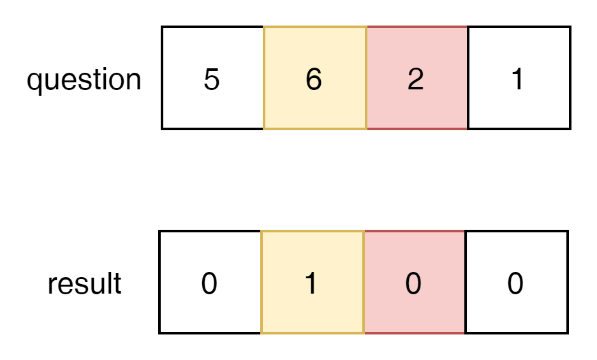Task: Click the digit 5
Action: point(211,80)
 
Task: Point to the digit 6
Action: point(313,80)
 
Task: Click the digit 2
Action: point(415,80)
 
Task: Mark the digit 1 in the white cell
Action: point(517,80)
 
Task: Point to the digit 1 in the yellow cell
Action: point(311,284)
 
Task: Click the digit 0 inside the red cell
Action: point(413,284)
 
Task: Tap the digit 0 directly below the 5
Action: point(209,284)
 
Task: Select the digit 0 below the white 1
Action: point(515,284)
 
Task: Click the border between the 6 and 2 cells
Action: point(366,78)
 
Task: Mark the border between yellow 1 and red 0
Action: point(364,282)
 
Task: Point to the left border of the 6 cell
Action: point(264,78)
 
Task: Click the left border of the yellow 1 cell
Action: point(262,282)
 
